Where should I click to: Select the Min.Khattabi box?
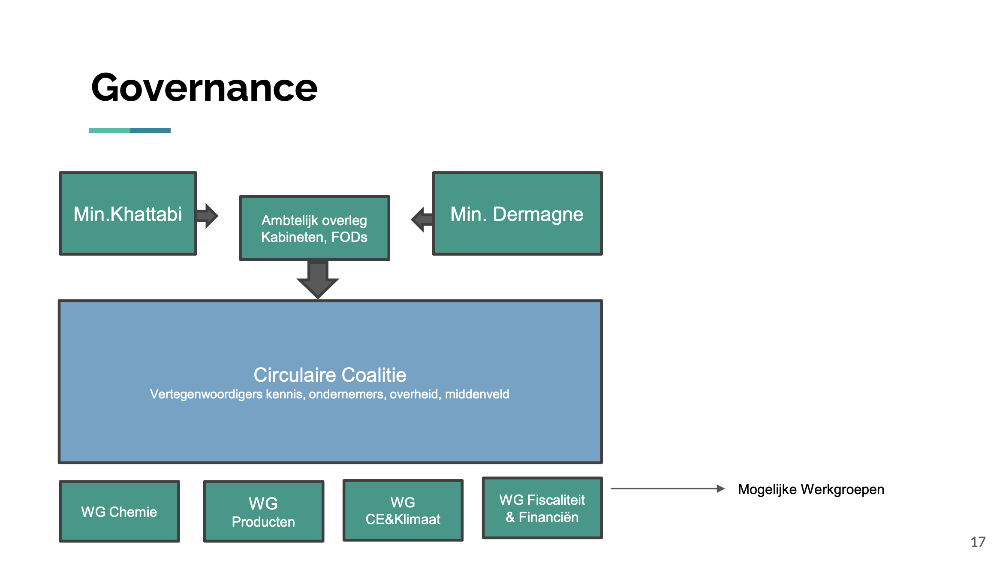[x=128, y=213]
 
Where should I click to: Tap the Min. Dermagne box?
[x=517, y=213]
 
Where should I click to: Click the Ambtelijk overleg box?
[x=314, y=228]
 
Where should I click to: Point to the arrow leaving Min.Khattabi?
[x=208, y=216]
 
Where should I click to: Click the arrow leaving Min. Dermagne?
[x=422, y=220]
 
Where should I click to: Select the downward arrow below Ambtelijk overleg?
[x=318, y=280]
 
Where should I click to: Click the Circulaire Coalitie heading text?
[x=330, y=375]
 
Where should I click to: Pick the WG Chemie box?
[x=119, y=511]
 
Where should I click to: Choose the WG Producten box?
[x=263, y=511]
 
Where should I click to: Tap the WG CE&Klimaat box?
[x=403, y=510]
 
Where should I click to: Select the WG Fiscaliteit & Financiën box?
[x=542, y=508]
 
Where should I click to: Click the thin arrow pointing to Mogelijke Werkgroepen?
[x=668, y=489]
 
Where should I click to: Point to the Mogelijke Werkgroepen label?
[x=811, y=490]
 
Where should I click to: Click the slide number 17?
[x=978, y=542]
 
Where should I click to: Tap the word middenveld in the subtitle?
[x=477, y=394]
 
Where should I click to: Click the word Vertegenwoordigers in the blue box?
[x=206, y=395]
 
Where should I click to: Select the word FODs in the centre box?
[x=349, y=237]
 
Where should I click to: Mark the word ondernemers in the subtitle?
[x=347, y=394]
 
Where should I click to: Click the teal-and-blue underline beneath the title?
[x=130, y=130]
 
